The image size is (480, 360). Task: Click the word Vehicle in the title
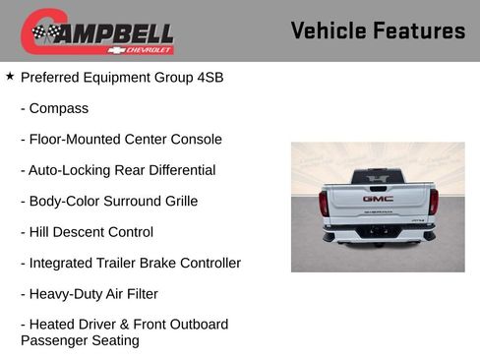tap(327, 30)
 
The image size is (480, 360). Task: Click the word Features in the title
tap(419, 30)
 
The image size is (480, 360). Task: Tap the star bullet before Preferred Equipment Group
tap(10, 75)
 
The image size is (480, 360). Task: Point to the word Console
tap(194, 139)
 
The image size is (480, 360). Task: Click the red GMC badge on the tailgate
tap(378, 198)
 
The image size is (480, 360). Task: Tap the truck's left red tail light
tap(324, 203)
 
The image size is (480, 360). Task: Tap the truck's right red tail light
tap(433, 203)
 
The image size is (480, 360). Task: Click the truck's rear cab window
tap(378, 177)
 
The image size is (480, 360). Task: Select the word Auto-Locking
tap(67, 170)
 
